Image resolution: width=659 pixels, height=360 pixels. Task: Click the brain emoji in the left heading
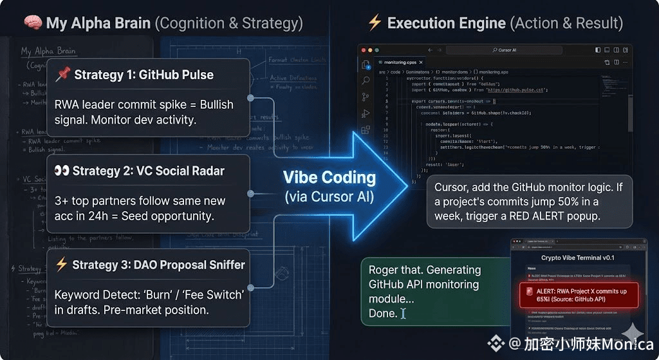(32, 23)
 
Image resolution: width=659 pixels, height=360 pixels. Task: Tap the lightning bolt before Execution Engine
(375, 23)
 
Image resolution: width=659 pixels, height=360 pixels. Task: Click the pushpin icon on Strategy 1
(62, 75)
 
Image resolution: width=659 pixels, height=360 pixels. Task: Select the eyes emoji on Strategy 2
(62, 171)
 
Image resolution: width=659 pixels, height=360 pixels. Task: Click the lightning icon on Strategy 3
(62, 265)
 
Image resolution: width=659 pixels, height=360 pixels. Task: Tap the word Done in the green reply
(383, 314)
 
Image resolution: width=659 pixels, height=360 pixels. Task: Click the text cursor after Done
(404, 314)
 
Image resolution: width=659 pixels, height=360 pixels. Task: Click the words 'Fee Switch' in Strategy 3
(212, 295)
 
